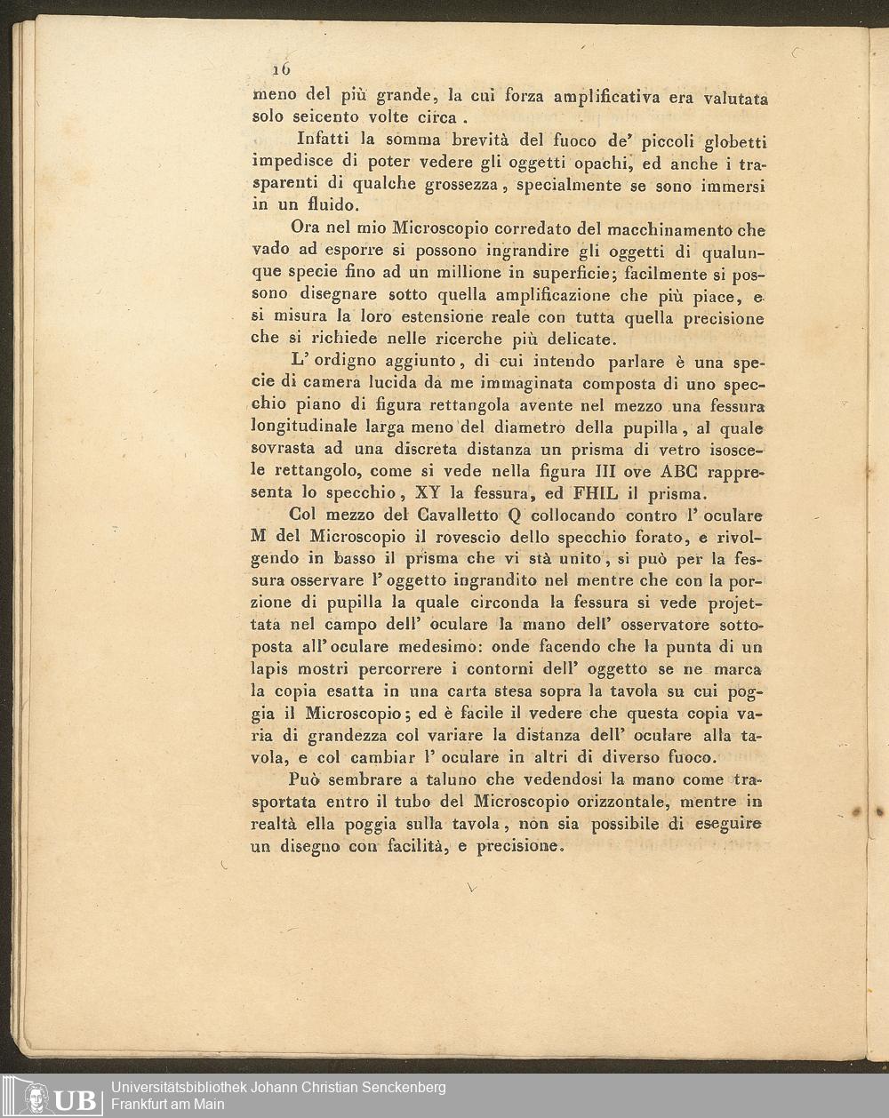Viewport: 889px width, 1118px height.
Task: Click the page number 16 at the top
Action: coord(282,69)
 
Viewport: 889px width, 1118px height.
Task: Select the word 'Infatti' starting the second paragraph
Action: coord(324,140)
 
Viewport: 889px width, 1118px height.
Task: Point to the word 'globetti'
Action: coord(735,142)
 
